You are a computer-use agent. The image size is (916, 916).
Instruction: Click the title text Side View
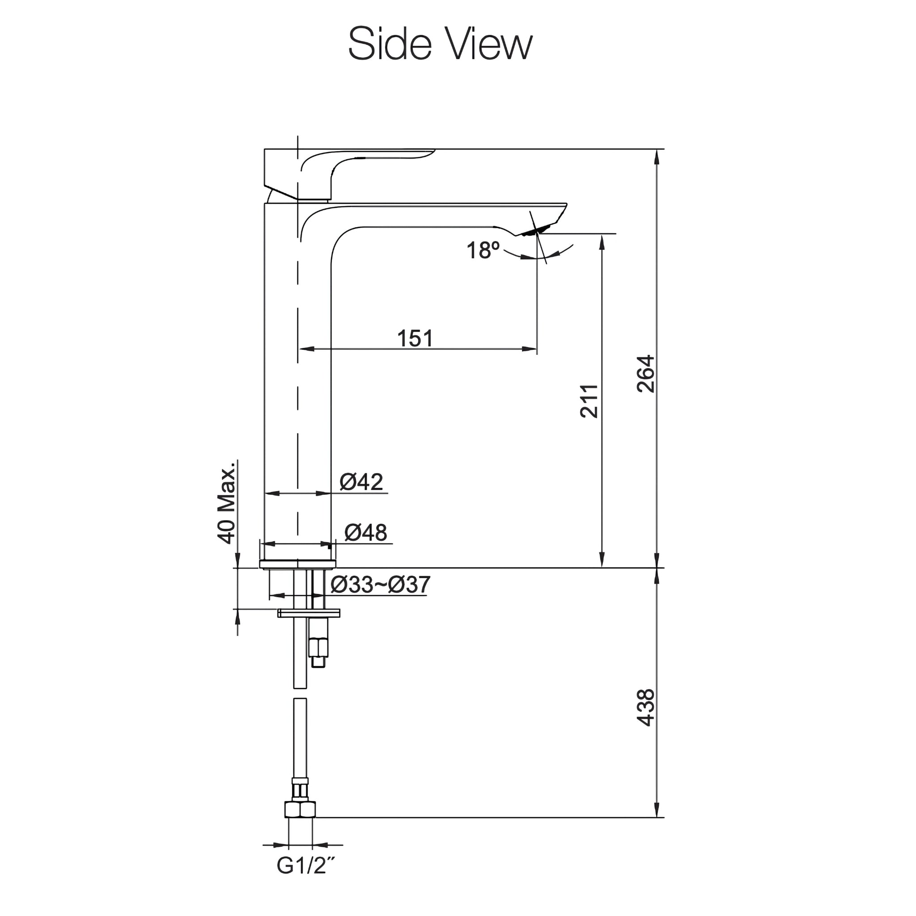(440, 44)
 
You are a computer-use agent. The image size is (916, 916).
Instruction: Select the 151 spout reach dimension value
(415, 339)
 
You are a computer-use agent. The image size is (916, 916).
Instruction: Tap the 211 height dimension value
(589, 401)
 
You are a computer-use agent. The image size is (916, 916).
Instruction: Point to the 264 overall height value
(645, 373)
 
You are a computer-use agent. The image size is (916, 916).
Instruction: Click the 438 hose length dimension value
(645, 708)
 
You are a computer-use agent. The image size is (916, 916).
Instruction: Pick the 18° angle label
(483, 250)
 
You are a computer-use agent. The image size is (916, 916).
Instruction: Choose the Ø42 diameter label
(361, 482)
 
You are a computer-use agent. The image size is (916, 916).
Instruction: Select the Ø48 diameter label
(365, 532)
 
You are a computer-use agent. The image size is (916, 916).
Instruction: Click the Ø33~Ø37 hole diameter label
(380, 585)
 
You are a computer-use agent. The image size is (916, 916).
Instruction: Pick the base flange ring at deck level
(298, 564)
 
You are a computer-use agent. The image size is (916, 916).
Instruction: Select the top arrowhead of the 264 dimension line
(657, 157)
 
